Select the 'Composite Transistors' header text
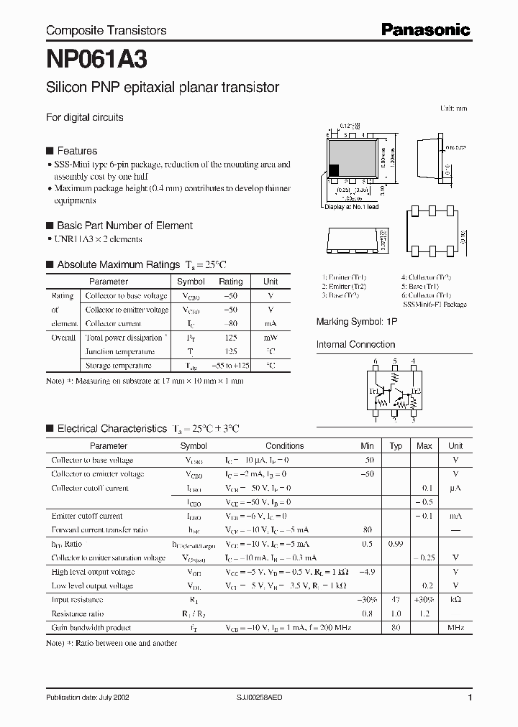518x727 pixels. click(x=106, y=30)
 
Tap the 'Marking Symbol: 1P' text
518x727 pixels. click(x=357, y=323)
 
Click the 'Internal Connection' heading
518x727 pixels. click(x=355, y=345)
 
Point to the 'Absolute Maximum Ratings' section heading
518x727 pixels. click(x=117, y=264)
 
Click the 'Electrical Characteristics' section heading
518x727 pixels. click(x=112, y=429)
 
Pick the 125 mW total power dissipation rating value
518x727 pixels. click(x=230, y=338)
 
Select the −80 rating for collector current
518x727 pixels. click(x=230, y=324)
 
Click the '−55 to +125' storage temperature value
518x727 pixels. click(x=230, y=366)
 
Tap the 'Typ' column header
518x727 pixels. click(x=396, y=446)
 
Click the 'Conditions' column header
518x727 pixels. click(x=285, y=446)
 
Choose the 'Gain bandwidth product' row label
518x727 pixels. click(x=91, y=628)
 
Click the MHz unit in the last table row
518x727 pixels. click(x=455, y=628)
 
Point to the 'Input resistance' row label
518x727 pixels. click(x=77, y=600)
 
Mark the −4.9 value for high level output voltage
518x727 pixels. click(x=367, y=572)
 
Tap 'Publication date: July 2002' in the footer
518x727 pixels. click(x=88, y=698)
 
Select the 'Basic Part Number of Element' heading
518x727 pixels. click(x=124, y=226)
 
